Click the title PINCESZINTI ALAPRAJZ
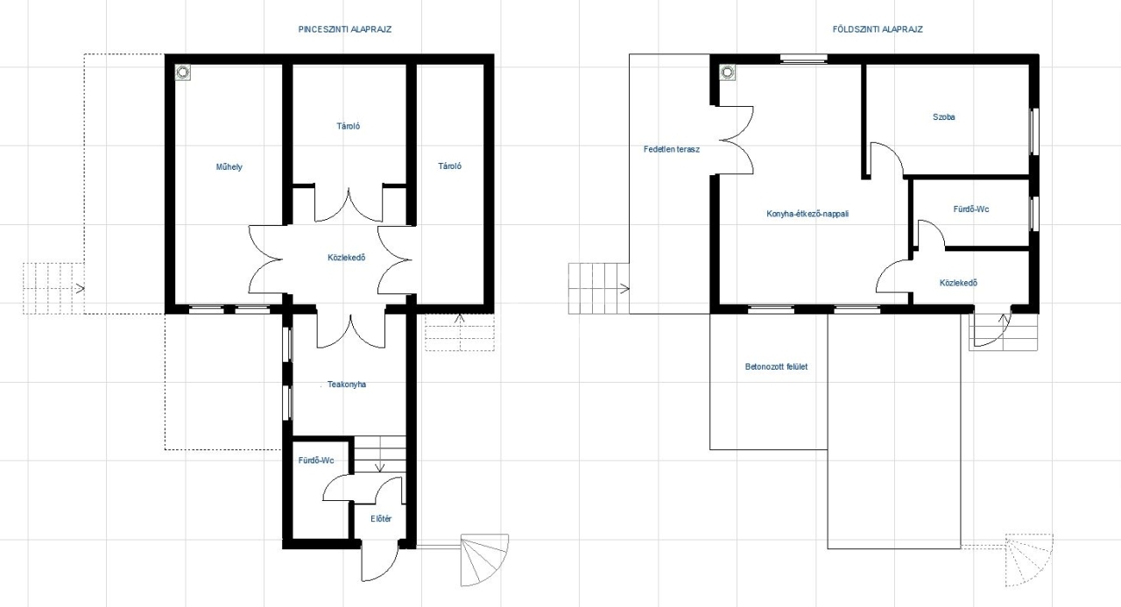point(345,30)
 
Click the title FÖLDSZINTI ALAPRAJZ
point(878,30)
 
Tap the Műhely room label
point(229,166)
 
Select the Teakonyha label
point(347,385)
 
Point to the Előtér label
point(381,519)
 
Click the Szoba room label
point(944,117)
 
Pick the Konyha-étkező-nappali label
point(807,214)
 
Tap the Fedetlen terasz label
point(672,149)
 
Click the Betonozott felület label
point(776,367)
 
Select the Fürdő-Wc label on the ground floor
point(971,209)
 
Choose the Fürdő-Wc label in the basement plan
point(316,461)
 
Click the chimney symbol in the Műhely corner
point(183,72)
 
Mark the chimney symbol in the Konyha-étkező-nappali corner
point(727,72)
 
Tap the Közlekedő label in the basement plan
point(346,258)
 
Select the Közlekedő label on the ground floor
point(958,283)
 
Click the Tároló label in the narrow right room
point(450,166)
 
